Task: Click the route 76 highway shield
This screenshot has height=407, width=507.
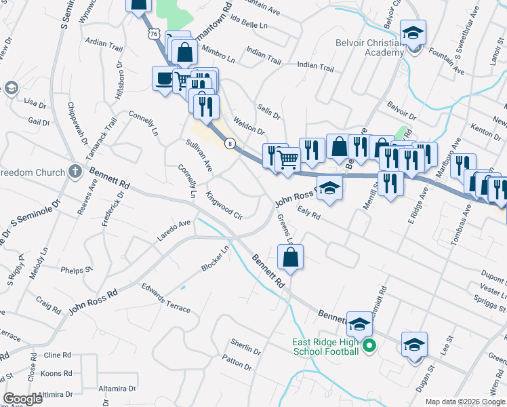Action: (x=153, y=33)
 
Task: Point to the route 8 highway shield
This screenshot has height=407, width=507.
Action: (x=231, y=143)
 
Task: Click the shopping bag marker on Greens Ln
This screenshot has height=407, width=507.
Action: (x=290, y=258)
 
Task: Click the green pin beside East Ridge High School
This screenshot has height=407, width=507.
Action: (x=369, y=346)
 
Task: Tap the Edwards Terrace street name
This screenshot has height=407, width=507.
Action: (x=166, y=298)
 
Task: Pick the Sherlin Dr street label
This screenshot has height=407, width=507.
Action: (x=245, y=347)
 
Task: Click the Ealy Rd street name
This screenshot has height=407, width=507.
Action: (x=308, y=212)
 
